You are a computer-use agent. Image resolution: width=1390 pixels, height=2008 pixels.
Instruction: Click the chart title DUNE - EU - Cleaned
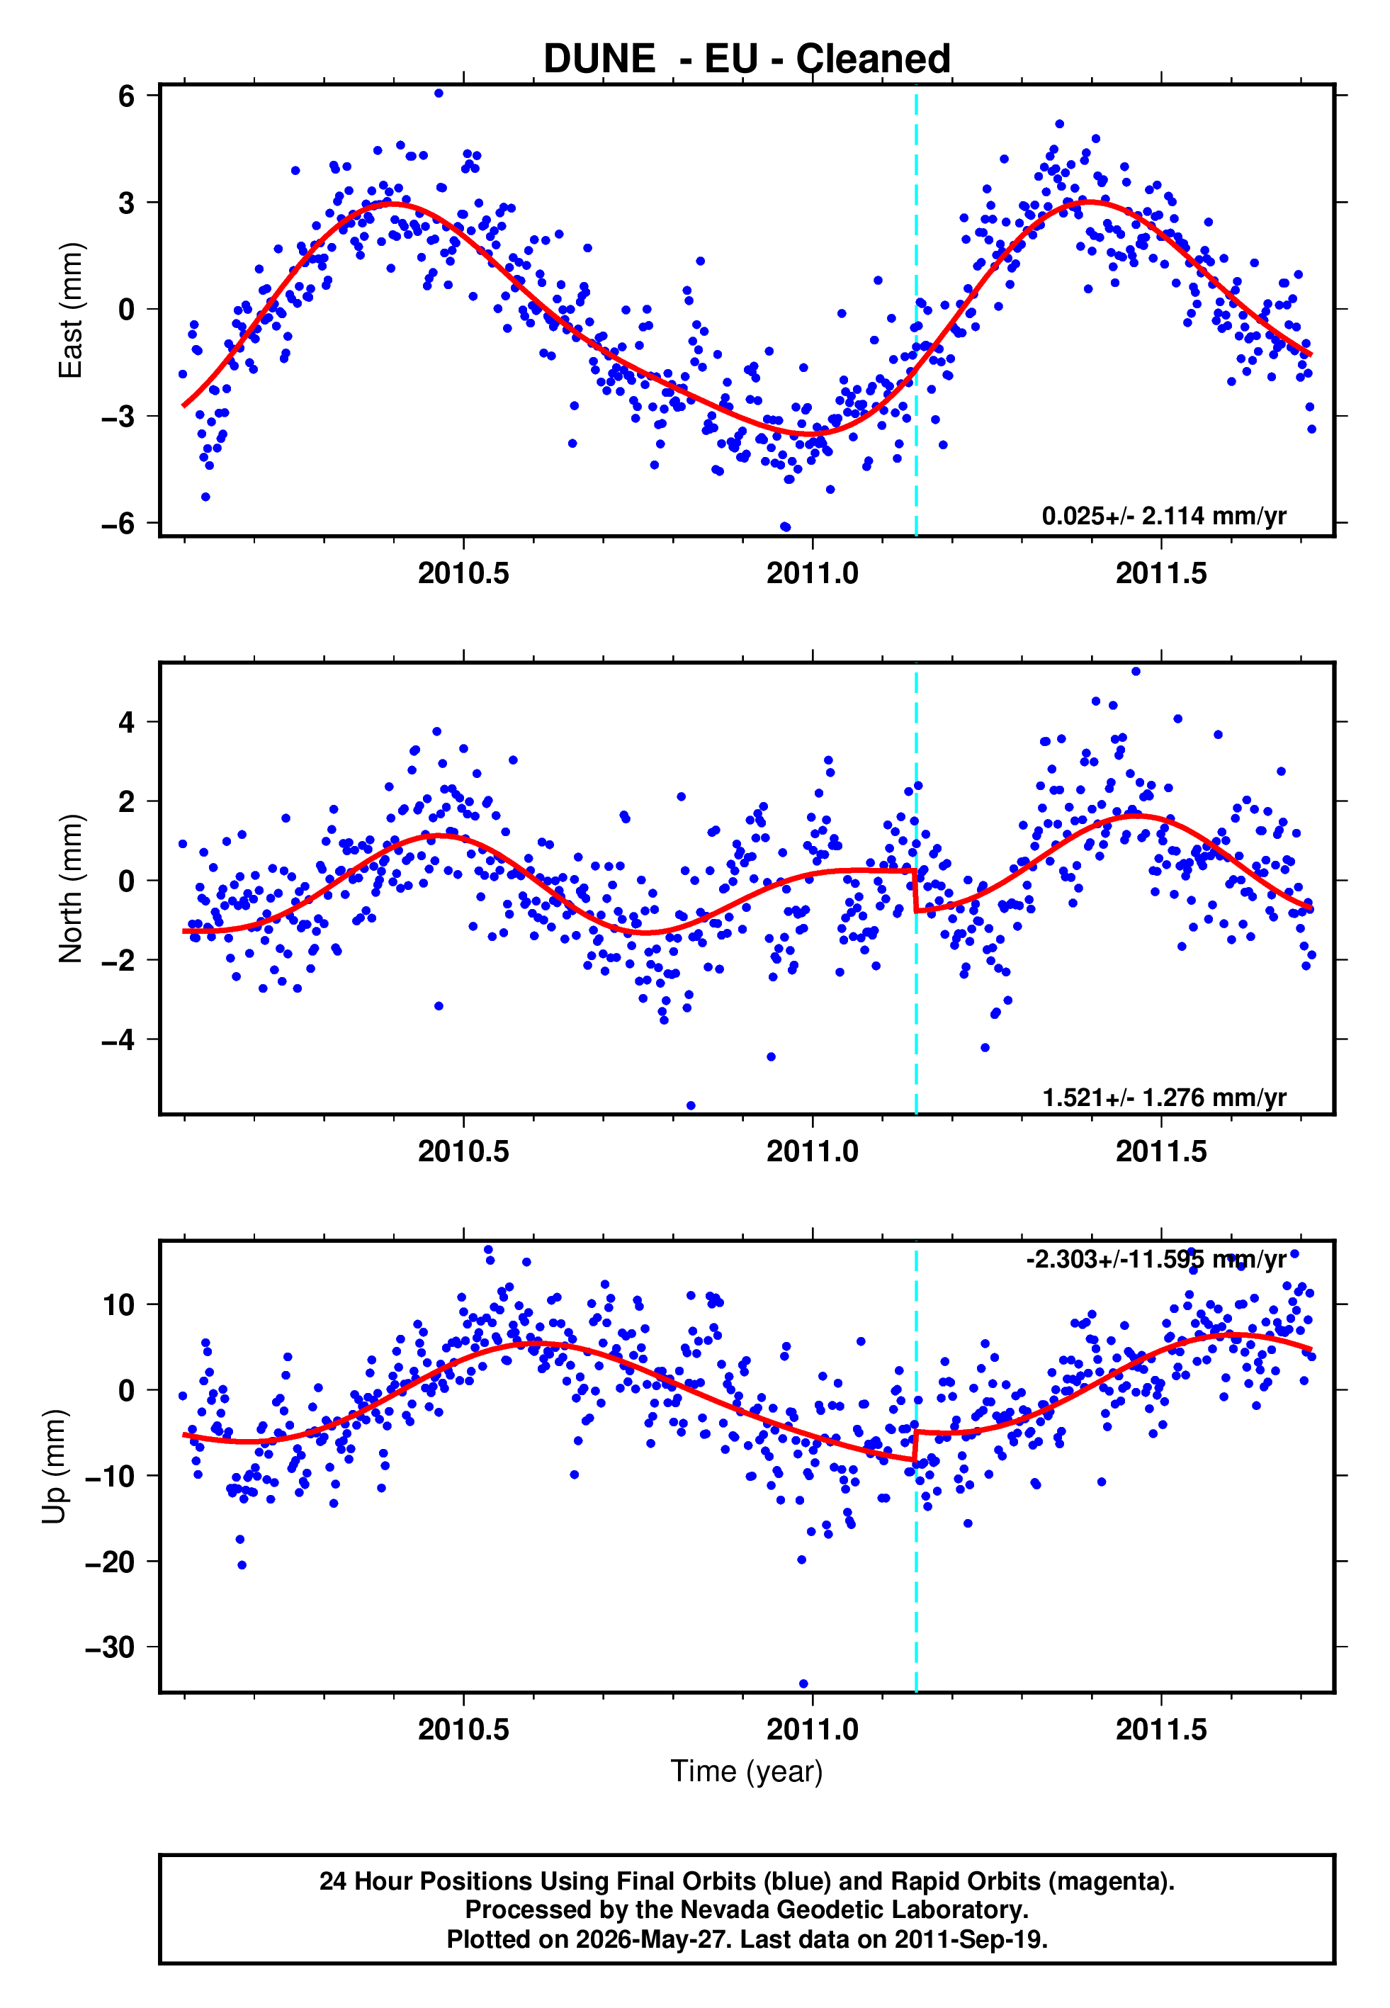747,60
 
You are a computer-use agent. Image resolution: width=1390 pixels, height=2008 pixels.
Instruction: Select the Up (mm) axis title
54,1467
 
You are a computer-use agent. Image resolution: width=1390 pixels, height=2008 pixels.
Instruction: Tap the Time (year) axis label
747,1771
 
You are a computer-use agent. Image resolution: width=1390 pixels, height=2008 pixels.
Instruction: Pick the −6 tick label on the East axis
118,524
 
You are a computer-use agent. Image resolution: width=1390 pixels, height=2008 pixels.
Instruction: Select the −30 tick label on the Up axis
110,1647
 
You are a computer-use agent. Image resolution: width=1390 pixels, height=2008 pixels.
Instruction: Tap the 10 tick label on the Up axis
119,1304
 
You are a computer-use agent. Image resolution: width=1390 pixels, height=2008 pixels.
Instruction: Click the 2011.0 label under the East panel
813,573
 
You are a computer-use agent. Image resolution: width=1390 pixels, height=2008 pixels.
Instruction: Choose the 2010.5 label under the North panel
463,1151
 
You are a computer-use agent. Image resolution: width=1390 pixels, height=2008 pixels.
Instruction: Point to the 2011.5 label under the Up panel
1162,1730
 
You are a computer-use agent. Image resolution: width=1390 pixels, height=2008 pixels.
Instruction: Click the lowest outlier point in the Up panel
803,1684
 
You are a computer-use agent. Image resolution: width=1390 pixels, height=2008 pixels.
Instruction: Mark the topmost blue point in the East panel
439,93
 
